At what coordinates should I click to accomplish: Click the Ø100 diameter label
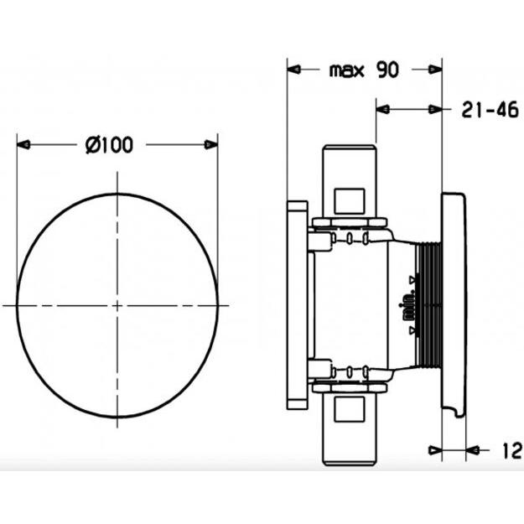[109, 145]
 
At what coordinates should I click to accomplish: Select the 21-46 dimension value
[490, 109]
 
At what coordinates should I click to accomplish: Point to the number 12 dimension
[511, 451]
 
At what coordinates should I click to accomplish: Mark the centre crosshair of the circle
[117, 305]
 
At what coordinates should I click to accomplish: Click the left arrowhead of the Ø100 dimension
[23, 145]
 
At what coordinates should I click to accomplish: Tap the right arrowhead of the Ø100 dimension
[210, 145]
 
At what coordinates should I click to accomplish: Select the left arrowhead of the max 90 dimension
[294, 70]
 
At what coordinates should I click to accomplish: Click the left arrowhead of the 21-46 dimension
[383, 109]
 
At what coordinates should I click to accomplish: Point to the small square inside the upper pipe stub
[350, 201]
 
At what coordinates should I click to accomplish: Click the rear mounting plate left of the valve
[298, 305]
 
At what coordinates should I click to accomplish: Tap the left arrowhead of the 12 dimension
[435, 451]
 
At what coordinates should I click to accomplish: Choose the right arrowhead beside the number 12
[475, 451]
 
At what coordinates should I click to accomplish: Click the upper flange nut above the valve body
[350, 223]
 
